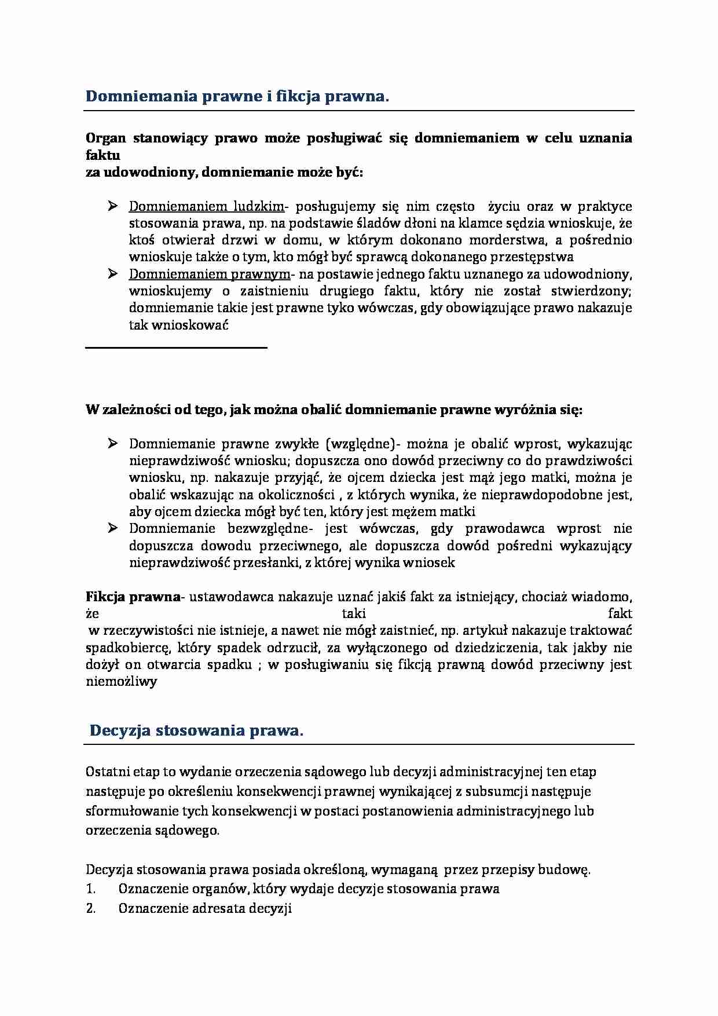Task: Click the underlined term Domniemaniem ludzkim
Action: tap(207, 206)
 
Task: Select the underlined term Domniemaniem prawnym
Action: tap(209, 274)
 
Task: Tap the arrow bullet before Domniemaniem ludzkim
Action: tap(113, 206)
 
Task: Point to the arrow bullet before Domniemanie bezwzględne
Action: tap(113, 528)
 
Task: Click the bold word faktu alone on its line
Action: tap(103, 155)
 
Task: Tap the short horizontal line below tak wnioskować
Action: tap(176, 348)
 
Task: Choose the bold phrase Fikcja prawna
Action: tap(133, 597)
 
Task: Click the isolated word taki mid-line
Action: tap(353, 613)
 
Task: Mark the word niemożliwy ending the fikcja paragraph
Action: tap(122, 681)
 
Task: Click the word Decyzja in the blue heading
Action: tap(120, 730)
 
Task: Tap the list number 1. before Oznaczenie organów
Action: tap(90, 889)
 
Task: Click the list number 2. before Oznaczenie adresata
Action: tap(90, 908)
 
